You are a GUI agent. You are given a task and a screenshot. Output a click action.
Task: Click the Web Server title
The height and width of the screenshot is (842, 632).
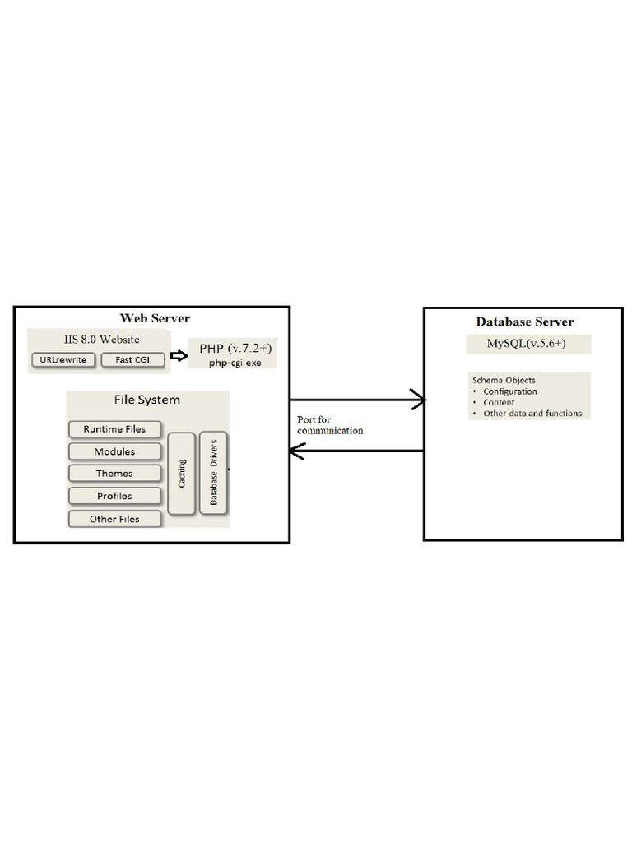pyautogui.click(x=155, y=318)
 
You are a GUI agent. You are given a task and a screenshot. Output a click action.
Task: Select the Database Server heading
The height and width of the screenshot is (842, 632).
pyautogui.click(x=524, y=322)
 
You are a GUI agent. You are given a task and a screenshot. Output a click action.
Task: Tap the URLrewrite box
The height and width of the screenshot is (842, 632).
pyautogui.click(x=63, y=360)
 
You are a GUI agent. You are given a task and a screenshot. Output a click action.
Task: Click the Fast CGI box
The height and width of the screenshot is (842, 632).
pyautogui.click(x=132, y=360)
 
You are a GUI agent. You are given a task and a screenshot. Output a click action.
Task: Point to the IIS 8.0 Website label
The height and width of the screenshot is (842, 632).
pyautogui.click(x=101, y=340)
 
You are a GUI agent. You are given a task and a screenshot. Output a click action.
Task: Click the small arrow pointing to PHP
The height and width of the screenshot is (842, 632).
pyautogui.click(x=179, y=355)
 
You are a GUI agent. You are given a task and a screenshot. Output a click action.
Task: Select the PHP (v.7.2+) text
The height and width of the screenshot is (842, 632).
pyautogui.click(x=235, y=348)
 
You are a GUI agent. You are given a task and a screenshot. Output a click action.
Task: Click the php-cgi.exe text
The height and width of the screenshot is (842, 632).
pyautogui.click(x=235, y=363)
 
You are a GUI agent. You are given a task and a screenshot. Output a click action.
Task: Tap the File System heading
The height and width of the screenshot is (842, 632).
pyautogui.click(x=146, y=400)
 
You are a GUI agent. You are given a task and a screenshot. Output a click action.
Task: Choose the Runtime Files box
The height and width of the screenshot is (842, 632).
pyautogui.click(x=114, y=429)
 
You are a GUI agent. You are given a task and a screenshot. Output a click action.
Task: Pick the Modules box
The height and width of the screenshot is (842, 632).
pyautogui.click(x=114, y=451)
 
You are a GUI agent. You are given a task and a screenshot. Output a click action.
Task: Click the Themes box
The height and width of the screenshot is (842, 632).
pyautogui.click(x=114, y=473)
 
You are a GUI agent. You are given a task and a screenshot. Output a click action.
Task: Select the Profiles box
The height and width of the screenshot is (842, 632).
pyautogui.click(x=114, y=496)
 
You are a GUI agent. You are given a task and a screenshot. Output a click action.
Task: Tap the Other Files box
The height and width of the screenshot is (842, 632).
pyautogui.click(x=114, y=519)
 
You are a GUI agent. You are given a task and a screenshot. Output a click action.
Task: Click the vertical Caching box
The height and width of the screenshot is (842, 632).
pyautogui.click(x=182, y=474)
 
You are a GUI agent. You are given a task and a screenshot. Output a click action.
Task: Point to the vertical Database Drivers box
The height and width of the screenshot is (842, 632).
pyautogui.click(x=213, y=473)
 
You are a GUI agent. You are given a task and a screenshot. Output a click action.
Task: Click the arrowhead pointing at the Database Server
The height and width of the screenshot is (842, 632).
pyautogui.click(x=425, y=400)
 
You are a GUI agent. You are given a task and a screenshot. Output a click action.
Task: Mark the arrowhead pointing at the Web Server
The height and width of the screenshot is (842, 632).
pyautogui.click(x=290, y=451)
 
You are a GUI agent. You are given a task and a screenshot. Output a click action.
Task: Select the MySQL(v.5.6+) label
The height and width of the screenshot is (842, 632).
pyautogui.click(x=526, y=343)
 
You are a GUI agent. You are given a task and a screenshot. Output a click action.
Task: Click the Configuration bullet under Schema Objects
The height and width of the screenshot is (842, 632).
pyautogui.click(x=509, y=391)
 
